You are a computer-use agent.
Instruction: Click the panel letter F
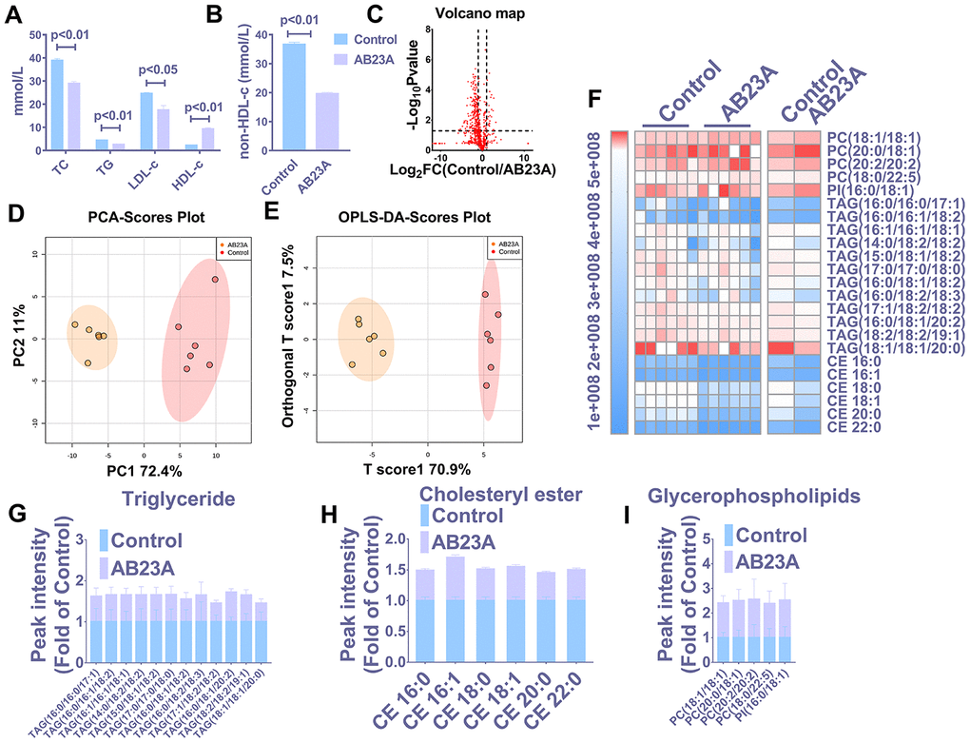[x=595, y=99]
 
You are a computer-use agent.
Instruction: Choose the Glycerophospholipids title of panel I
[x=776, y=497]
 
